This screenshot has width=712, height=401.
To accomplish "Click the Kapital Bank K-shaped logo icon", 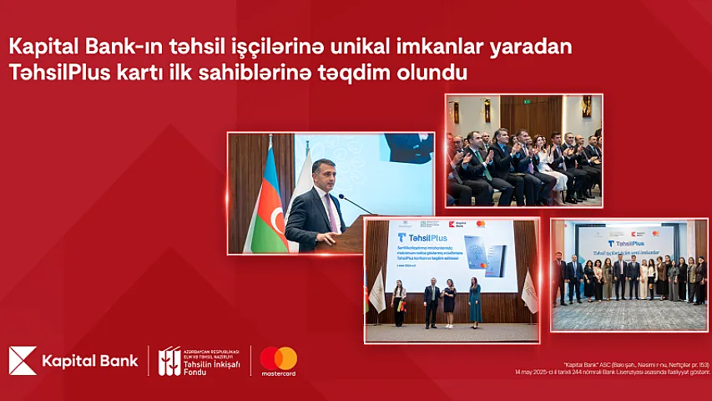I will pyautogui.click(x=23, y=360).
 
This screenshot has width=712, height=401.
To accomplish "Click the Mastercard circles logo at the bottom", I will pyautogui.click(x=278, y=358).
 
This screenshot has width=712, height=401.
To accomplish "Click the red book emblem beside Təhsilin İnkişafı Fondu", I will pyautogui.click(x=169, y=360).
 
